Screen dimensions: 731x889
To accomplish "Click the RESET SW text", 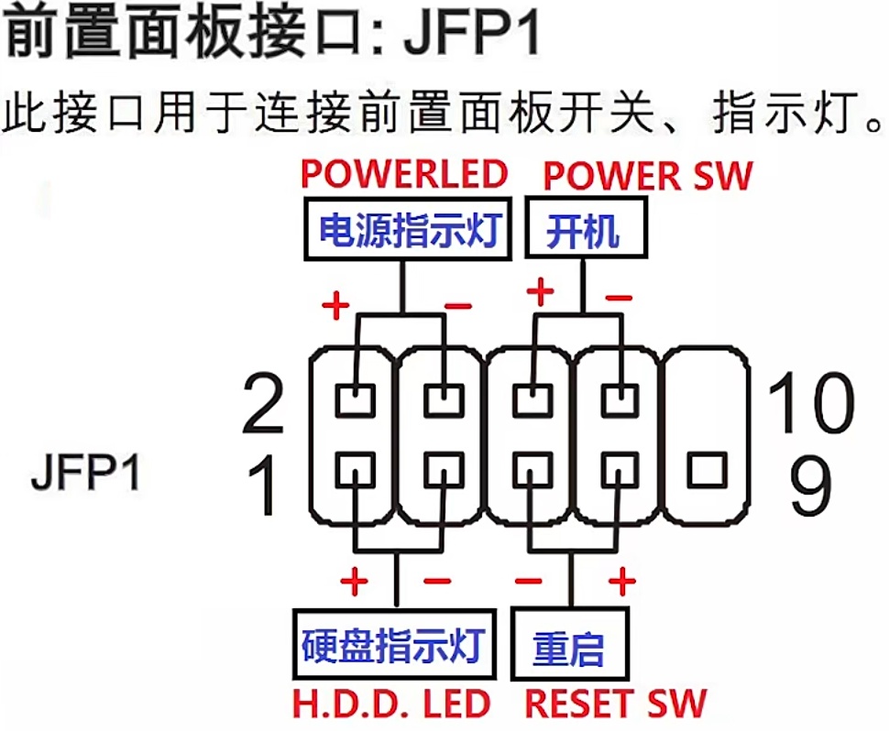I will pyautogui.click(x=616, y=704).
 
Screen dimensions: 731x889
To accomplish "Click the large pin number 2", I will pyautogui.click(x=263, y=406).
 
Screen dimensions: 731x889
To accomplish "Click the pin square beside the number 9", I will pyautogui.click(x=706, y=470).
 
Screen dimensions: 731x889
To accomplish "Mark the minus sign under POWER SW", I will pyautogui.click(x=620, y=297).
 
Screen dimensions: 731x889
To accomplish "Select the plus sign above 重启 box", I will pyautogui.click(x=622, y=581).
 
